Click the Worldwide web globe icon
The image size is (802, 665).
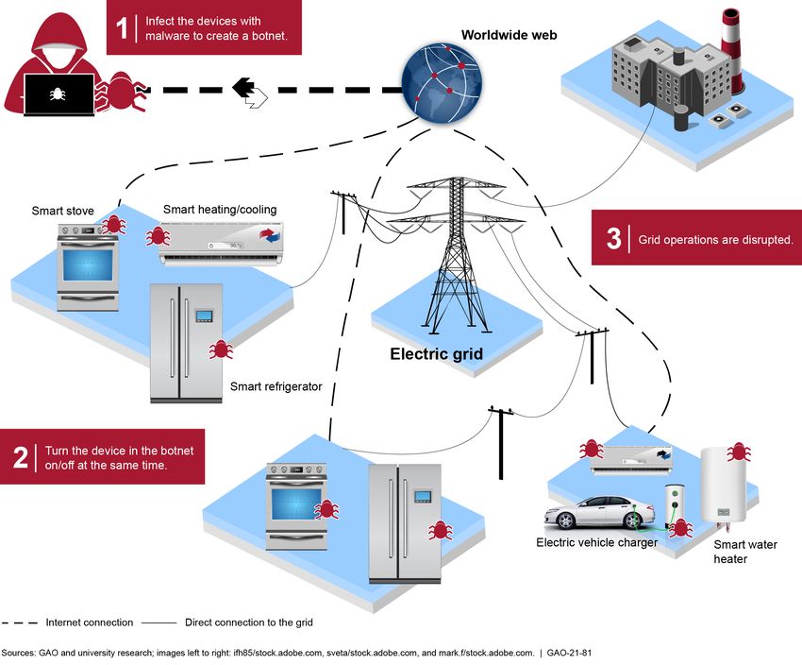(442, 83)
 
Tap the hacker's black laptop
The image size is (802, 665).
(59, 95)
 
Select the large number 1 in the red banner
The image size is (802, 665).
(122, 27)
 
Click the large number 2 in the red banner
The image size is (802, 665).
(21, 457)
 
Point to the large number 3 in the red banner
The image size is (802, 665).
(614, 238)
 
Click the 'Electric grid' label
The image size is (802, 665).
(436, 353)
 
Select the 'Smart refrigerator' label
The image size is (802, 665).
(276, 386)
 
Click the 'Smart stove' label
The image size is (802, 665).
(63, 211)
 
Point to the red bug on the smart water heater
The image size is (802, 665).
(739, 452)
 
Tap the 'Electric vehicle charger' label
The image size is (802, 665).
(597, 542)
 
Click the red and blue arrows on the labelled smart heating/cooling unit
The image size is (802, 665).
(271, 234)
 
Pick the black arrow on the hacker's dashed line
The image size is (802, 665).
(243, 88)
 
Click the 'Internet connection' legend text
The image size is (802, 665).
(90, 622)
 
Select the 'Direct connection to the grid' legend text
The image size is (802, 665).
(248, 622)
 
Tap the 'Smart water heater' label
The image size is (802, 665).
(745, 552)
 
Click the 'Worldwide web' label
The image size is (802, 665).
(509, 35)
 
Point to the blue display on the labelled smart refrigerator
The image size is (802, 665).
(204, 315)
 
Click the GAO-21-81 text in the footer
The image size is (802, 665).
(569, 653)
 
